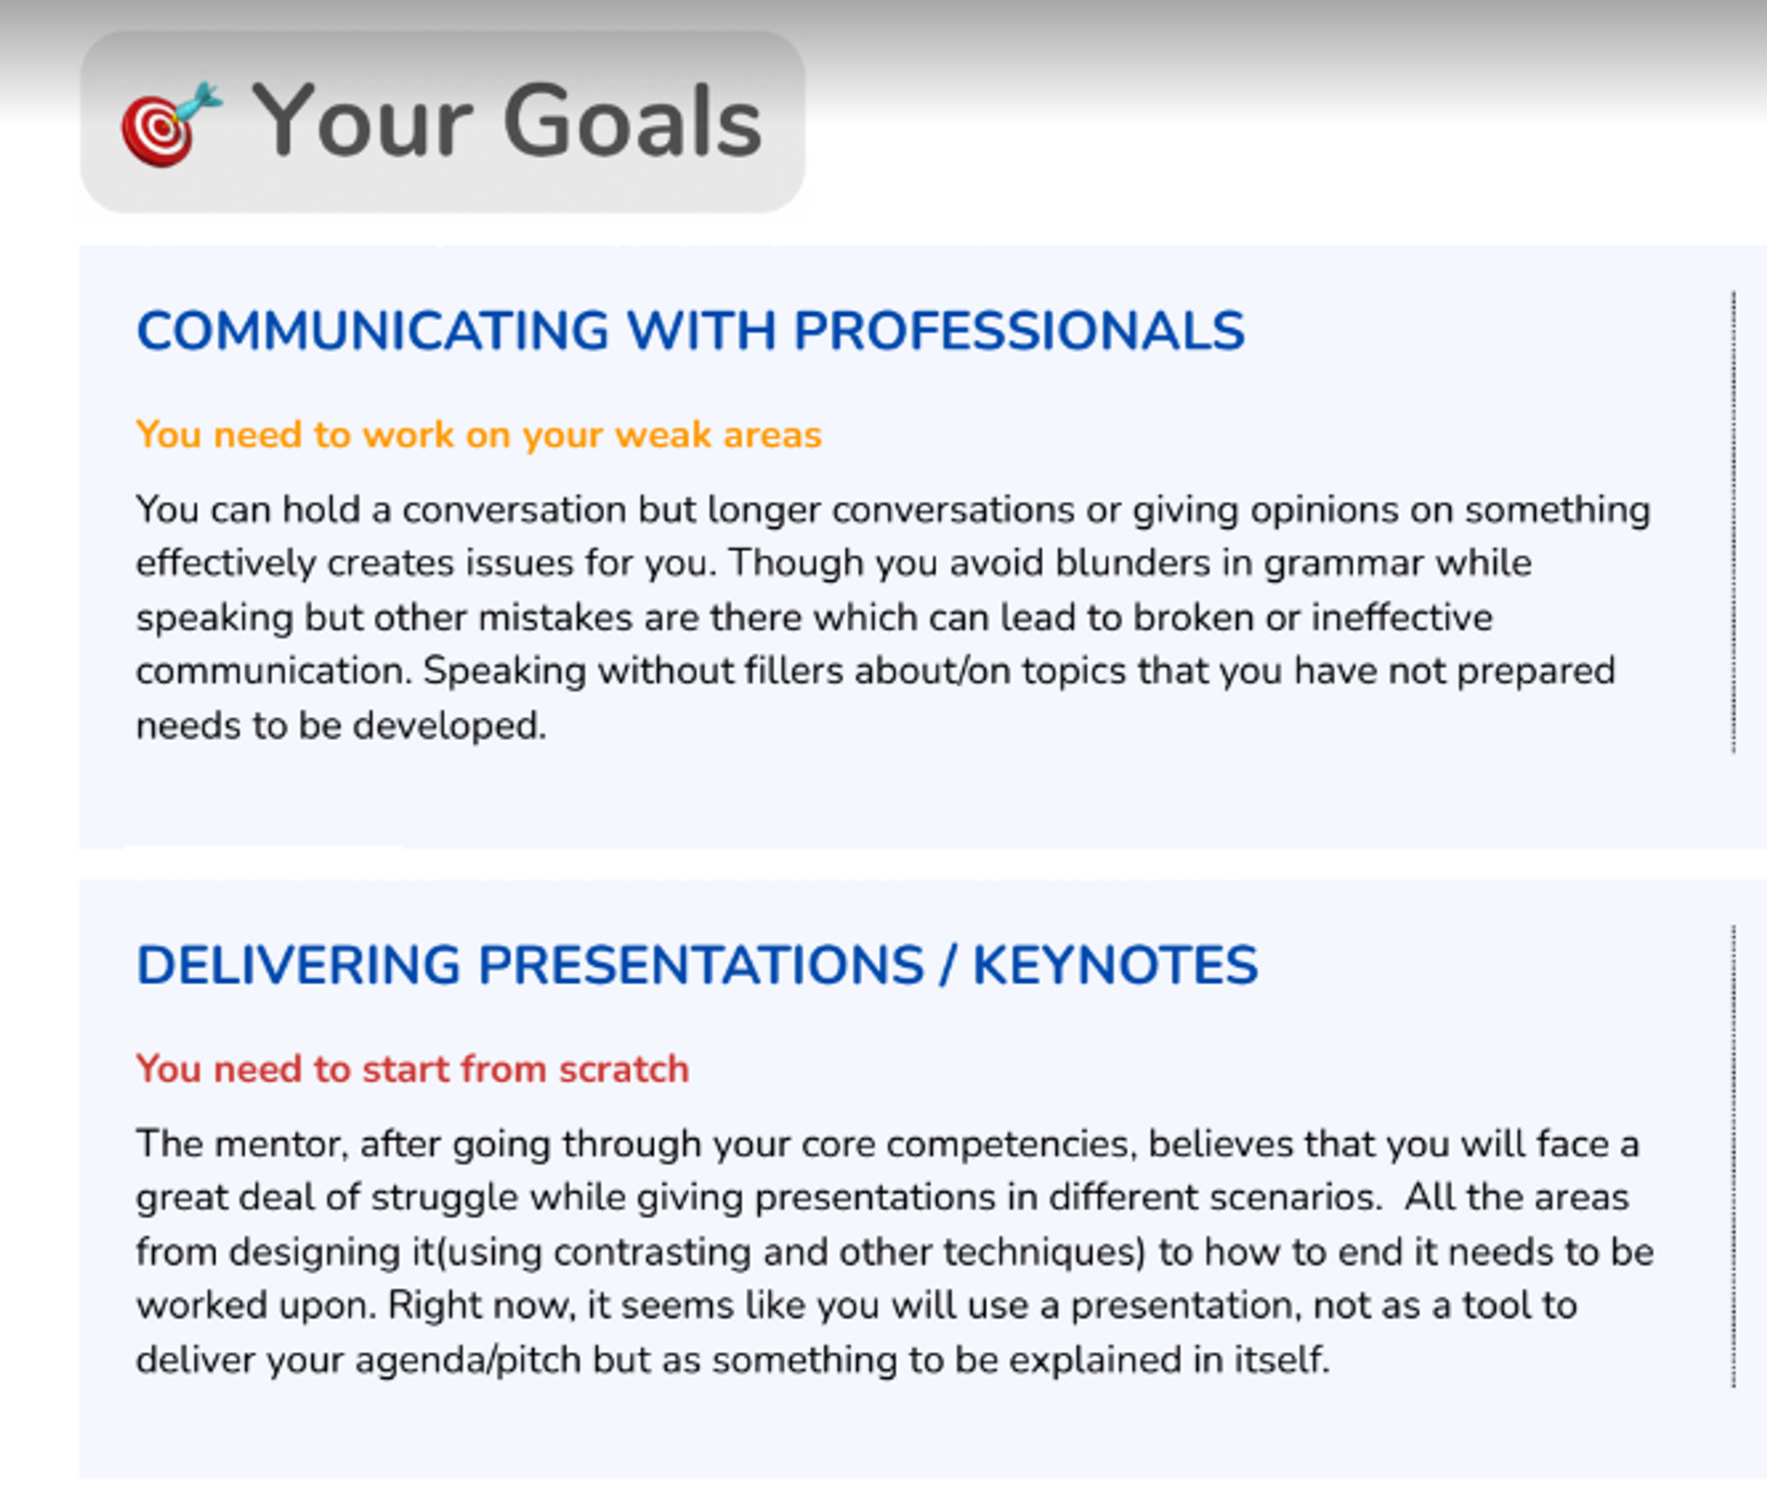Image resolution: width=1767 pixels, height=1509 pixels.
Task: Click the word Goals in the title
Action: pyautogui.click(x=633, y=121)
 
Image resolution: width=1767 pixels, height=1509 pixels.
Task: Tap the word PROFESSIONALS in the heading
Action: pyautogui.click(x=1019, y=331)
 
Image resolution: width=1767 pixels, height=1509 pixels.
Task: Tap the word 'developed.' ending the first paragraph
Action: pyautogui.click(x=449, y=725)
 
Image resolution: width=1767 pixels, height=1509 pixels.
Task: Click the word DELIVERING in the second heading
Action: pyautogui.click(x=299, y=965)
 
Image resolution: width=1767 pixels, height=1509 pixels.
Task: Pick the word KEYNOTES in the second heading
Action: pyautogui.click(x=1115, y=965)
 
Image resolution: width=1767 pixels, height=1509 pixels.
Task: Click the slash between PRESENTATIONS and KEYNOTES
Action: pyautogui.click(x=948, y=965)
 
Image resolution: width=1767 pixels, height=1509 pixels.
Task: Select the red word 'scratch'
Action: pyautogui.click(x=624, y=1069)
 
